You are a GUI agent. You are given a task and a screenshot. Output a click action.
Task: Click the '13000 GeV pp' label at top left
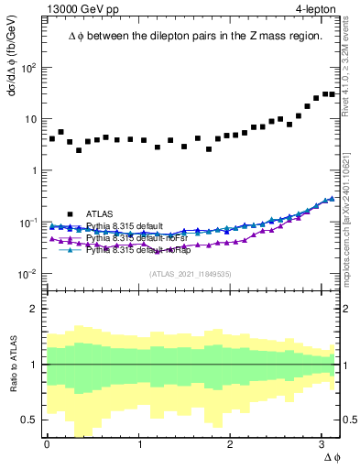82,8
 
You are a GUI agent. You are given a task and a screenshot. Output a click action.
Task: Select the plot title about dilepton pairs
194,36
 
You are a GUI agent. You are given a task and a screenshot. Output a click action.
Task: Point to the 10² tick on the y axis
30,68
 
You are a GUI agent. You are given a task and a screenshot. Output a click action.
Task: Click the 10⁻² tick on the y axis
30,275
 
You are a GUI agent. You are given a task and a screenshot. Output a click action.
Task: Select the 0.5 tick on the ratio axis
32,420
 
